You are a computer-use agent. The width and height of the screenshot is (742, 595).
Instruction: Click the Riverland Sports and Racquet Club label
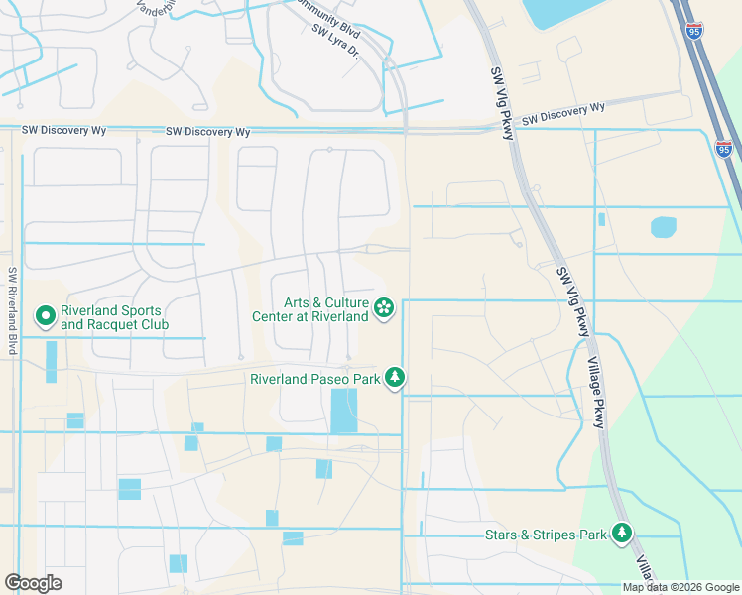(x=114, y=317)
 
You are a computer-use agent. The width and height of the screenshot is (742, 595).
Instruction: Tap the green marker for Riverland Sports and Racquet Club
(x=45, y=316)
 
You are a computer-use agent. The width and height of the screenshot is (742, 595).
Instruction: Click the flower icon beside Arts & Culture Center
(x=384, y=309)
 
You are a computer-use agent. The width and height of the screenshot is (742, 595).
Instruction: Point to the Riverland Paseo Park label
(x=314, y=379)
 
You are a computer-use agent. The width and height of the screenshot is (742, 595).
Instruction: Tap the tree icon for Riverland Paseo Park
(x=395, y=378)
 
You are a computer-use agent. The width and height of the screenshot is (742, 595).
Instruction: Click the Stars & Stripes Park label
(x=545, y=535)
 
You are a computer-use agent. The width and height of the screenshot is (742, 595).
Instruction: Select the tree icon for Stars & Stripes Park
(x=622, y=534)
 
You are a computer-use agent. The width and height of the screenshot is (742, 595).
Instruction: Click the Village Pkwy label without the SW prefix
(x=594, y=393)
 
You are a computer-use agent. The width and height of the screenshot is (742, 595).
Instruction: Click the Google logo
(x=33, y=583)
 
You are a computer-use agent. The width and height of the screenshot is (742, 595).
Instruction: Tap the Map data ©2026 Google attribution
(x=680, y=587)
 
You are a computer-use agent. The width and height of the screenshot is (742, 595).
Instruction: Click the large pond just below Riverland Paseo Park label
(x=343, y=411)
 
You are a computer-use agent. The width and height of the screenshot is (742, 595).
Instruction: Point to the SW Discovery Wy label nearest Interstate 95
(x=563, y=114)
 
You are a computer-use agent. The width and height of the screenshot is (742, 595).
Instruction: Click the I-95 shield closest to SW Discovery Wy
(x=724, y=148)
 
